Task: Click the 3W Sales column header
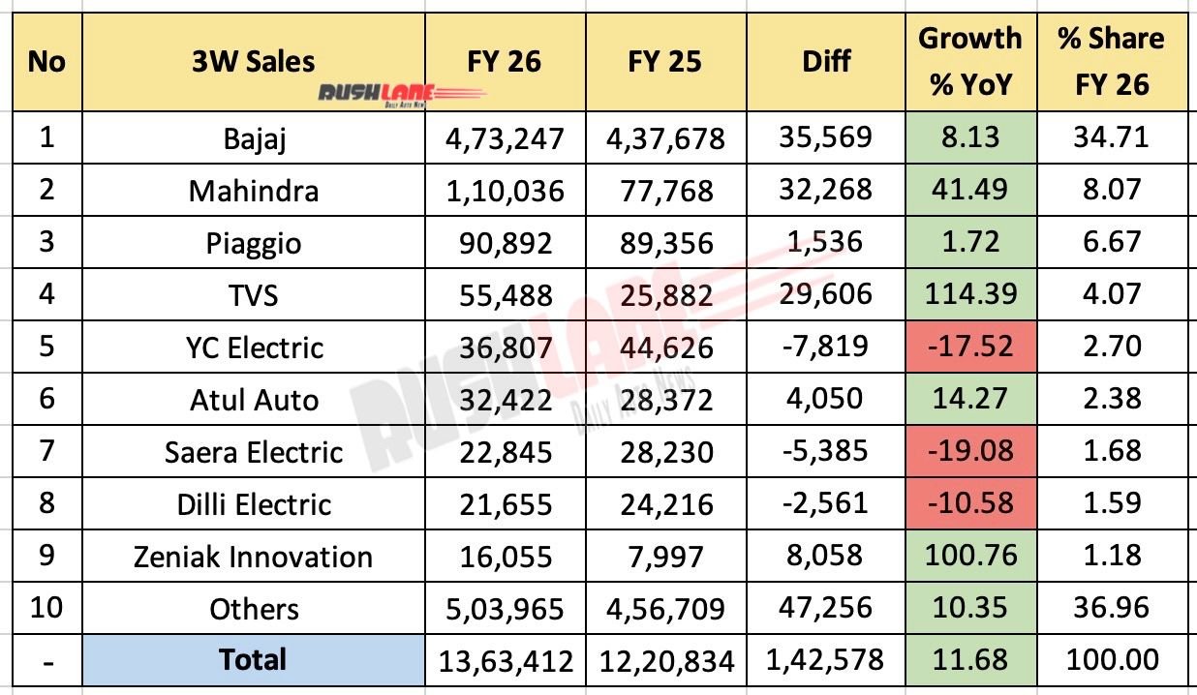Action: [x=254, y=62]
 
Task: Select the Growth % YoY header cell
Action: [x=970, y=62]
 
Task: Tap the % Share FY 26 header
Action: [x=1112, y=62]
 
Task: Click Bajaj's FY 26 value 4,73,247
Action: [x=505, y=137]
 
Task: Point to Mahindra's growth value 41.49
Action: [x=970, y=190]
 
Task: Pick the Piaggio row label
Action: [x=254, y=242]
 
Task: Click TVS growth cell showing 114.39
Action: [x=970, y=294]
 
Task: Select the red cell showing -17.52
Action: [x=970, y=347]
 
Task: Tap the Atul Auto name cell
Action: [x=254, y=399]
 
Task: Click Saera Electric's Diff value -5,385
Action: [x=825, y=451]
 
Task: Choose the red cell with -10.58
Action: [x=970, y=503]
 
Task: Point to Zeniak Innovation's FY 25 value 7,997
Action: [x=663, y=557]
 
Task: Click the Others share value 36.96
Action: [x=1112, y=609]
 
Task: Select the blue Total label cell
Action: [x=254, y=660]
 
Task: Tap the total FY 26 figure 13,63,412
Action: [x=505, y=661]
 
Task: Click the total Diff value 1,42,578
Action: [x=825, y=661]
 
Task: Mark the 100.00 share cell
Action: [x=1112, y=661]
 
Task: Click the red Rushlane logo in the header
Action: [x=402, y=94]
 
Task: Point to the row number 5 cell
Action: [x=46, y=347]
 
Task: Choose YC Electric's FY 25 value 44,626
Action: [x=663, y=347]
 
